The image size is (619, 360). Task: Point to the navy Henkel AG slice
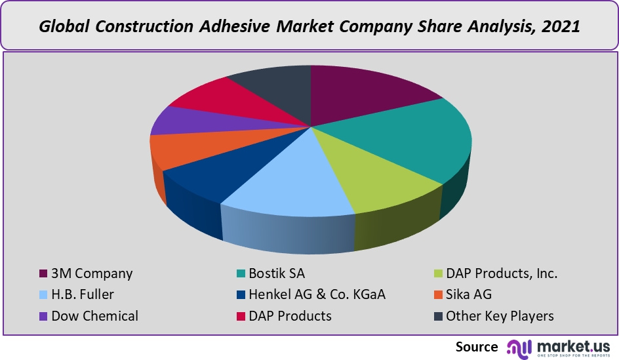(x=210, y=174)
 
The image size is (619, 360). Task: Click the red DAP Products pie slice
(x=210, y=98)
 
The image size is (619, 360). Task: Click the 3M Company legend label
(x=92, y=273)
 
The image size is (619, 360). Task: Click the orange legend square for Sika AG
(x=437, y=295)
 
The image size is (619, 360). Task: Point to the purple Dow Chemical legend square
(x=43, y=316)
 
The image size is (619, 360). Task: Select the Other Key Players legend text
(x=500, y=316)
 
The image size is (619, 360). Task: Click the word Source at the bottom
(x=477, y=347)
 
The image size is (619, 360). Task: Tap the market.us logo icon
(x=518, y=347)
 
